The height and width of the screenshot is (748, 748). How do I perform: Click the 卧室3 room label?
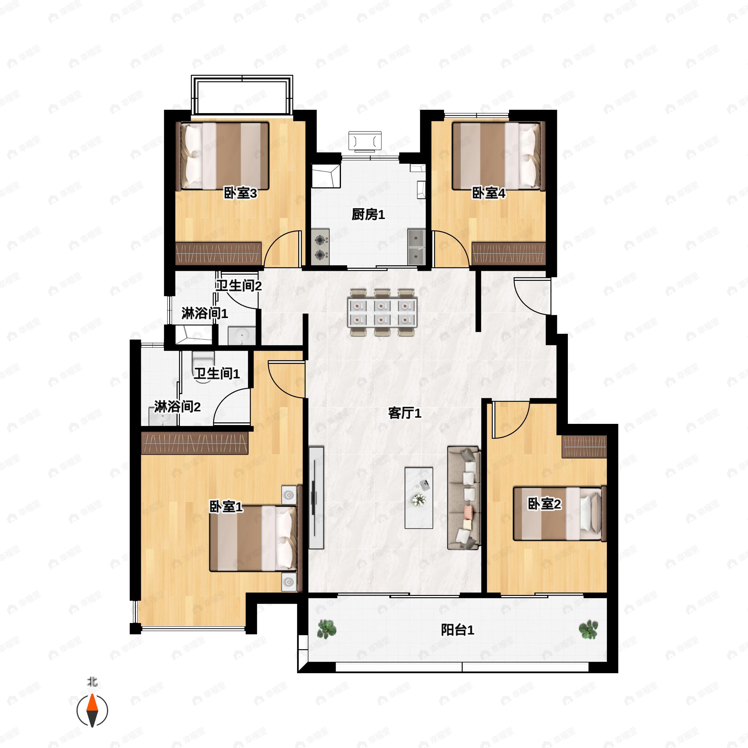point(240,193)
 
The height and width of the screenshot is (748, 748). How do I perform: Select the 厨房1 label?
point(368,214)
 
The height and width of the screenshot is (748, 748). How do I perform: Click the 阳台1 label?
point(458,630)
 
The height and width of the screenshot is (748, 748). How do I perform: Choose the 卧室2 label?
point(544,504)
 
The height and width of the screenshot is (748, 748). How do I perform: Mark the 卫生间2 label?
point(239,286)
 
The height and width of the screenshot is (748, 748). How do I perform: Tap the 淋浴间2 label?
point(177,407)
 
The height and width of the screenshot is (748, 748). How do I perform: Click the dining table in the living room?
point(382,312)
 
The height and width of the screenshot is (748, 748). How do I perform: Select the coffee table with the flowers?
point(419,497)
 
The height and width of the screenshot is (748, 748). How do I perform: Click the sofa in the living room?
point(464,498)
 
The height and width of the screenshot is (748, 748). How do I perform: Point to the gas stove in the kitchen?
point(320,247)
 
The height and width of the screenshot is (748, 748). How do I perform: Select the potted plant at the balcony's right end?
point(588,629)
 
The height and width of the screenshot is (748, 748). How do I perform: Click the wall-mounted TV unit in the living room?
point(316,497)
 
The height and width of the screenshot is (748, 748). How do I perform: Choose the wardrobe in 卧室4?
point(508,254)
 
